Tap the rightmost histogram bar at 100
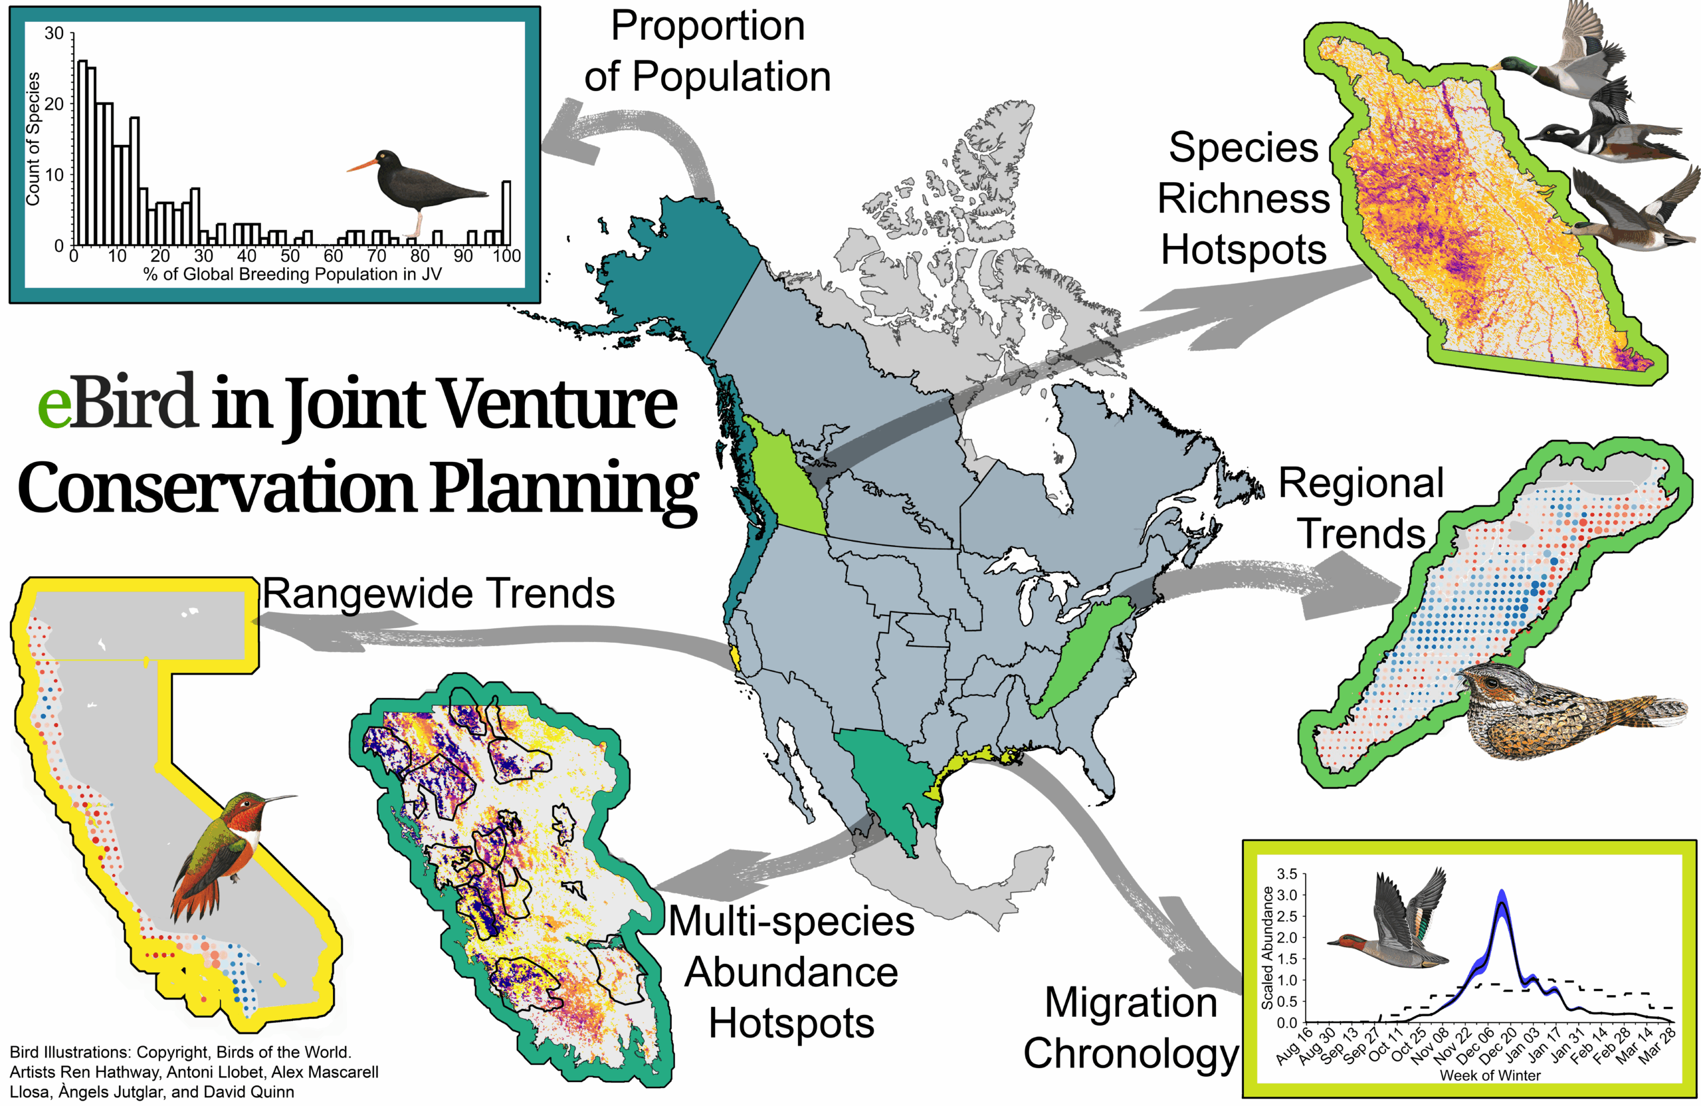tap(506, 213)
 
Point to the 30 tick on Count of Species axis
tap(54, 34)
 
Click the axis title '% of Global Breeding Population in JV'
tap(292, 274)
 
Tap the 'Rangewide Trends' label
tap(438, 594)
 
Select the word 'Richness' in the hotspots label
tap(1244, 198)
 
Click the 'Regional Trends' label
tap(1361, 508)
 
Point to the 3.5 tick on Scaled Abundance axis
tap(1286, 874)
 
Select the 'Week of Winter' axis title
tap(1490, 1075)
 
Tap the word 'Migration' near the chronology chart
tap(1131, 1002)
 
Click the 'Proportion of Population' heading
tap(708, 51)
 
